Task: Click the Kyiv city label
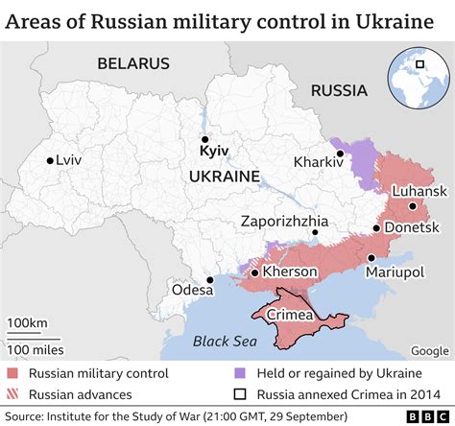coord(213,152)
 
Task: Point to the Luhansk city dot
coord(412,205)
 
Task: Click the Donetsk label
coord(411,227)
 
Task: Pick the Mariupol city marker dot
coord(371,257)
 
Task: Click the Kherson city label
coord(290,272)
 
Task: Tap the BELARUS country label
coord(132,63)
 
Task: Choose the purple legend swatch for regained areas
coord(237,373)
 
